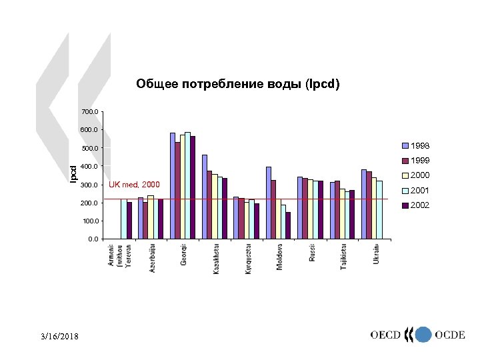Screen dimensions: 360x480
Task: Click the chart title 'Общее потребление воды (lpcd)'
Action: coord(238,85)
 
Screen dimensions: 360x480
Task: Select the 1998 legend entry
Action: coord(420,145)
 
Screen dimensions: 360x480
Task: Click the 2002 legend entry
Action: coord(420,205)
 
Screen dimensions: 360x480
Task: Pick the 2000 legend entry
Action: coord(420,175)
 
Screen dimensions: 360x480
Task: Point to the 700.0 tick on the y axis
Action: coord(89,111)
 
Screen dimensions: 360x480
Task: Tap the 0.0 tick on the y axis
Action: coord(92,239)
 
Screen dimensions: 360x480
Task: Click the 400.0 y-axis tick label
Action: coord(89,166)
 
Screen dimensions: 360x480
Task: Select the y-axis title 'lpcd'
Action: coord(74,175)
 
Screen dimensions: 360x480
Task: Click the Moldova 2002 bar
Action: coord(288,225)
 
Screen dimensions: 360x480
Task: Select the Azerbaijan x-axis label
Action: coord(152,259)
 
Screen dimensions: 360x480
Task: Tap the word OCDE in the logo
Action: coord(449,335)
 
